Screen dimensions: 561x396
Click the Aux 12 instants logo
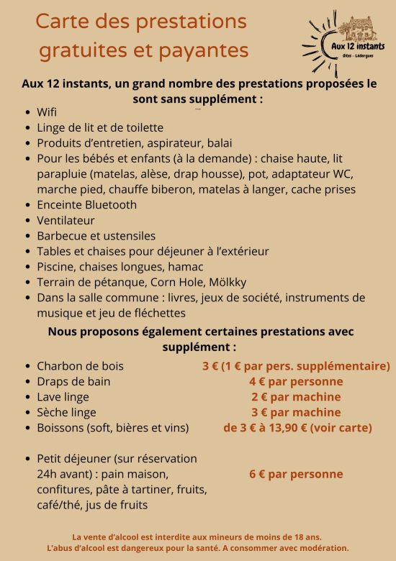click(x=344, y=40)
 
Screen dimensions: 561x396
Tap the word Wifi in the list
click(x=47, y=112)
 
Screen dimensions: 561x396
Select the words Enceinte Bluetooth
click(x=86, y=204)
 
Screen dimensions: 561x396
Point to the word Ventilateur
click(x=66, y=220)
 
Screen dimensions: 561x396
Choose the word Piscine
click(x=56, y=266)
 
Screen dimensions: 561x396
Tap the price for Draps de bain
click(x=296, y=381)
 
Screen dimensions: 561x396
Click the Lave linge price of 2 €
click(x=296, y=397)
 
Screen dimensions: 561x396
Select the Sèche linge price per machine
click(x=296, y=412)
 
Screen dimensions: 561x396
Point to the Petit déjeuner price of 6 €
click(x=296, y=474)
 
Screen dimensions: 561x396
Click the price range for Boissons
click(x=297, y=428)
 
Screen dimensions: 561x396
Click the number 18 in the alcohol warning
click(x=297, y=537)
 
